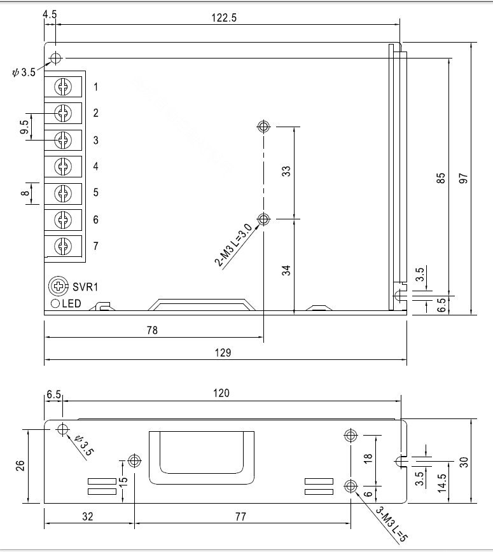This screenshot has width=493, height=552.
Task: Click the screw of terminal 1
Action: coord(63,86)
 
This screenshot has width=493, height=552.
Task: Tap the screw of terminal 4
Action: coord(63,166)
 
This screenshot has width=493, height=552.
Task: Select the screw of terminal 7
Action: coord(63,245)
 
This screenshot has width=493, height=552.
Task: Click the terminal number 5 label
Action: coord(96,192)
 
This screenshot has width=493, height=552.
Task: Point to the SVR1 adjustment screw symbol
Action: coord(59,286)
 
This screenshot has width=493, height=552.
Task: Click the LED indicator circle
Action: coord(55,303)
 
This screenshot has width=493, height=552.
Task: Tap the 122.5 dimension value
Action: coord(224,18)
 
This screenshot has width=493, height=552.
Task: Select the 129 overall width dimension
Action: coord(223,352)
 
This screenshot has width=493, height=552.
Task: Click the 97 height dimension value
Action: coord(464,178)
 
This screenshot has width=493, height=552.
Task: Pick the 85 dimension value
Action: coord(441,178)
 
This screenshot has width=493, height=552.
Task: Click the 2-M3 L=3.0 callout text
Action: coord(233,245)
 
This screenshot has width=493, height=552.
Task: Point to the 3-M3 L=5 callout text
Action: coord(391,525)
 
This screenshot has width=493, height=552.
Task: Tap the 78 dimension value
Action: coord(152,330)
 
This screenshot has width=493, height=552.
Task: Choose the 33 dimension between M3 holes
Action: coord(287,171)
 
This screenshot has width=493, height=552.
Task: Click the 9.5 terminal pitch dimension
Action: coord(24,127)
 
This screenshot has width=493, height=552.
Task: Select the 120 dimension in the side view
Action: coord(221,393)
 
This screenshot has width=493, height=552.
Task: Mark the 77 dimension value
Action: coord(240,516)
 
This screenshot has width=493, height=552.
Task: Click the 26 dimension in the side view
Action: coord(20,466)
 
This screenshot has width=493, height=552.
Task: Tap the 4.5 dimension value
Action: coord(50,15)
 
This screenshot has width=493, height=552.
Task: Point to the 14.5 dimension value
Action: coord(442,483)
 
